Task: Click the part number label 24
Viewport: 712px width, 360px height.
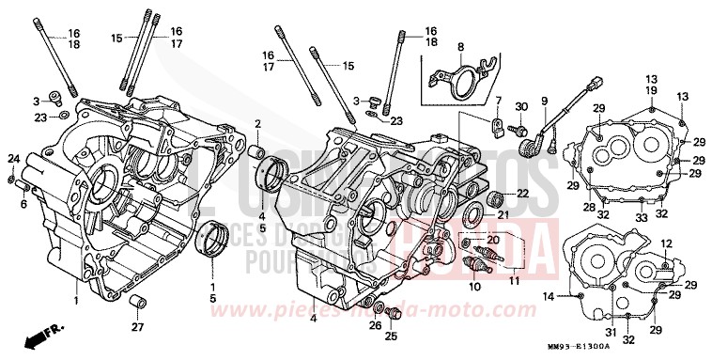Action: click(13, 158)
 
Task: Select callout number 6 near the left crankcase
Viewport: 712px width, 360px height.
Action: click(23, 203)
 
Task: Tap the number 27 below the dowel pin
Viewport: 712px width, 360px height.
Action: click(138, 326)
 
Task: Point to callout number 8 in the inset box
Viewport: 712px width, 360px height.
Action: click(461, 46)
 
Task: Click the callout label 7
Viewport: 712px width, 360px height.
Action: click(499, 100)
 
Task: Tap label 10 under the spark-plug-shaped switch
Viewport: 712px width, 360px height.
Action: click(474, 286)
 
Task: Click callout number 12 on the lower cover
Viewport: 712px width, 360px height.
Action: click(666, 243)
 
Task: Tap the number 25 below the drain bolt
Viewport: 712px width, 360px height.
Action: click(392, 336)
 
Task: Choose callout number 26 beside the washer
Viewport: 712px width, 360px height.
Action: click(376, 325)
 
